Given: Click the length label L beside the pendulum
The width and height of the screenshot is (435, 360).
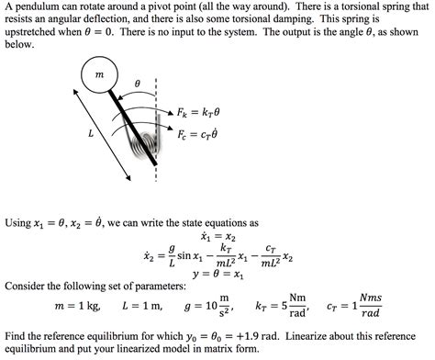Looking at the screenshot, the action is [x=90, y=134].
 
